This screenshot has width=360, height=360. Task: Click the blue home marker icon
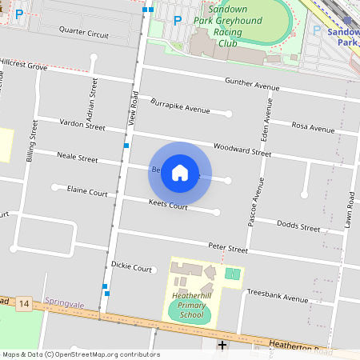(x=180, y=173)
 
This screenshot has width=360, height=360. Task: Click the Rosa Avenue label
(x=313, y=127)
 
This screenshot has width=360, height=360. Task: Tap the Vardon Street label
(x=83, y=126)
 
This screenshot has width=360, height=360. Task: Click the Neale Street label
(x=76, y=158)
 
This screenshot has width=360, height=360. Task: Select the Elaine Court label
(x=87, y=191)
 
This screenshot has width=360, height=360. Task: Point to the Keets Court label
(x=168, y=206)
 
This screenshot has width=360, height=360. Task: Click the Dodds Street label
(x=298, y=228)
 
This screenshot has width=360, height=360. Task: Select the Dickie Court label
(x=131, y=267)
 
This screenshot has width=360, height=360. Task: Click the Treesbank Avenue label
(x=277, y=298)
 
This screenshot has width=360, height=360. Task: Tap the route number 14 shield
(x=25, y=304)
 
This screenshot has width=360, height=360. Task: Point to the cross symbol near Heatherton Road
(x=222, y=345)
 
